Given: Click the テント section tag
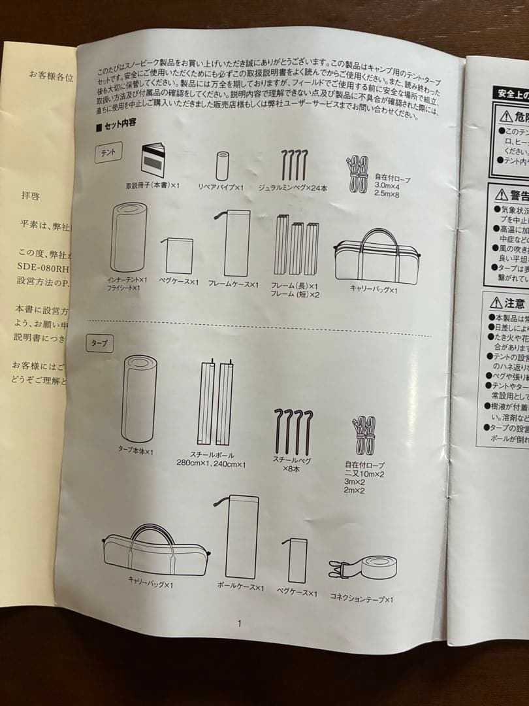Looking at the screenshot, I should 106,152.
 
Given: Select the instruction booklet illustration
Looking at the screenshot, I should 153,158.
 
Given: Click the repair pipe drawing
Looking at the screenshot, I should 222,166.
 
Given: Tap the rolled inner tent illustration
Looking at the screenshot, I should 128,237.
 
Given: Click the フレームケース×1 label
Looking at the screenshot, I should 233,285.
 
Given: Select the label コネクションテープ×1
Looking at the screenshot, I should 362,598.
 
